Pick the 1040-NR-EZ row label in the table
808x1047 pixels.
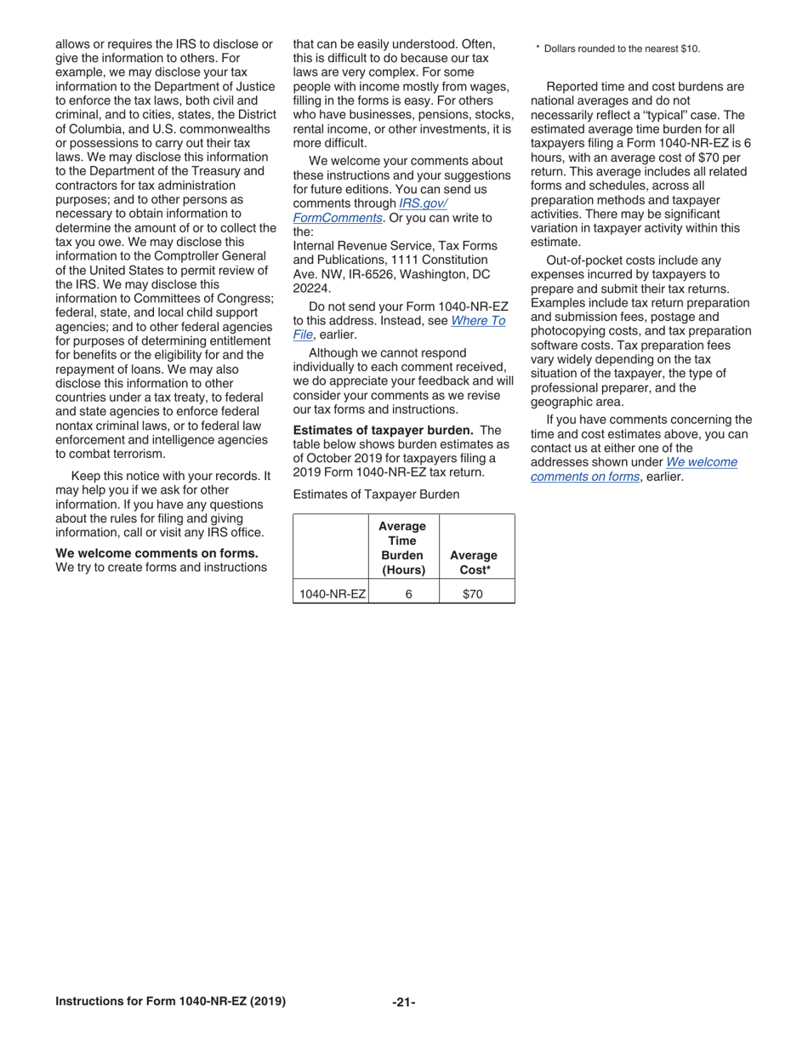tap(330, 594)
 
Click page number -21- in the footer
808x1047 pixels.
tap(404, 1002)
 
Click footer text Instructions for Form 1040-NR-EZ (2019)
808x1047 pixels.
tap(170, 1001)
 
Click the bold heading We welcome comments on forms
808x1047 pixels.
tap(156, 553)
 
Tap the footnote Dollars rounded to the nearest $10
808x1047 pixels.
tap(622, 49)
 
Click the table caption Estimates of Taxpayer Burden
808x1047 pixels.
tap(376, 495)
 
